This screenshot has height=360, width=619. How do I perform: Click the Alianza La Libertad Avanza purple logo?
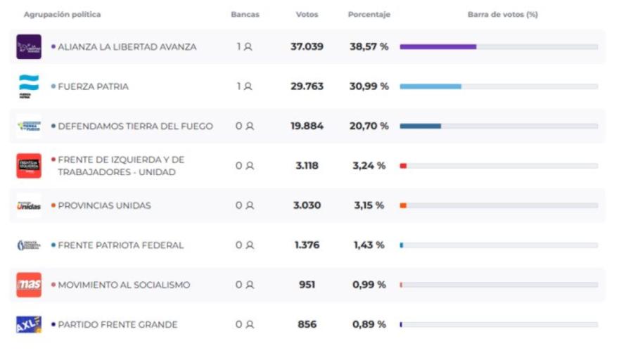click(x=29, y=47)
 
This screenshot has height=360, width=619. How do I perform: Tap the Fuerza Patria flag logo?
click(x=29, y=86)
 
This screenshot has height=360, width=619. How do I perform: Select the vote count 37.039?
click(x=307, y=47)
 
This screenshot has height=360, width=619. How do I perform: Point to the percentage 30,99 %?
click(x=369, y=86)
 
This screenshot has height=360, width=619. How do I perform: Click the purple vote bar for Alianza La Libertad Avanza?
click(x=438, y=47)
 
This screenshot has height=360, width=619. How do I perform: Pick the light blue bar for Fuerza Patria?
click(x=430, y=86)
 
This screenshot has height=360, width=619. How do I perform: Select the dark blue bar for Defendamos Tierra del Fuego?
click(x=420, y=126)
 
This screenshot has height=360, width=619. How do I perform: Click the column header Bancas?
click(x=245, y=15)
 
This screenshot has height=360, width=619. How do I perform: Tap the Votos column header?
click(x=307, y=15)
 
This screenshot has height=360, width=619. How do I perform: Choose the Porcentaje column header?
click(x=369, y=15)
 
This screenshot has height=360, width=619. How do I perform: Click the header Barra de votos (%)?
click(x=502, y=15)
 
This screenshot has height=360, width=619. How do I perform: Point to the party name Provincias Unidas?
click(x=104, y=205)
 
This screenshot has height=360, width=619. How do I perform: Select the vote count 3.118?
click(x=307, y=166)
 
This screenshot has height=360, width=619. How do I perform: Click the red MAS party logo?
click(x=29, y=285)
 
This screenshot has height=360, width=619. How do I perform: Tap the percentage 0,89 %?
click(x=369, y=325)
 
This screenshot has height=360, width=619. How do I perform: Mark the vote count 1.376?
click(x=307, y=245)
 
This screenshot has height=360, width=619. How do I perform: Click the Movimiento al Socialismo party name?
click(x=124, y=285)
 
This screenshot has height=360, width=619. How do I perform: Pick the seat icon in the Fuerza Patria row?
click(x=248, y=86)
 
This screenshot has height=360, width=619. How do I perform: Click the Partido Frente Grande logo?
click(x=29, y=324)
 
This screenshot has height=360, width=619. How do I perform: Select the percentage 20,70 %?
click(x=369, y=126)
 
